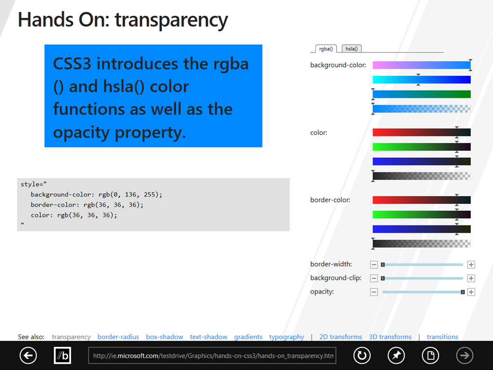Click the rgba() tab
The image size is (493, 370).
tap(326, 49)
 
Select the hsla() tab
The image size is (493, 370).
tap(351, 49)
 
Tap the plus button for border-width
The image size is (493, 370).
tap(471, 264)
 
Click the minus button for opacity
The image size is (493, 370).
tap(374, 292)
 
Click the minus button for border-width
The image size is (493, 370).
tap(374, 264)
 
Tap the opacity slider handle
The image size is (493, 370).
tap(463, 292)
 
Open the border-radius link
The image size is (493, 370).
tap(118, 337)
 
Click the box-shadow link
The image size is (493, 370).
tap(165, 337)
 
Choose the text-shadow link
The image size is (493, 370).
tap(208, 337)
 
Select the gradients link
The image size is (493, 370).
tap(248, 337)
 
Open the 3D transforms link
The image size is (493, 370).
tap(390, 337)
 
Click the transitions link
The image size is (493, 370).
tap(442, 337)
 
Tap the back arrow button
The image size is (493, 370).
tap(28, 356)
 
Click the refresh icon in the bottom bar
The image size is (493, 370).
tap(362, 356)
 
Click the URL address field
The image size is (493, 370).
tap(212, 356)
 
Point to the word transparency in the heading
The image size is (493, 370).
tap(171, 20)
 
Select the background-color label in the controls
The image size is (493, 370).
tap(338, 65)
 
